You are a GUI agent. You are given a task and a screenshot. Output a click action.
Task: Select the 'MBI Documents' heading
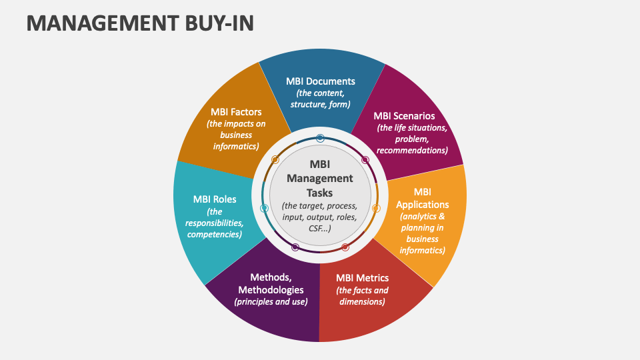click(321, 81)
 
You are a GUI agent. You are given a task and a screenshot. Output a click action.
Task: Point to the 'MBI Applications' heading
click(422, 198)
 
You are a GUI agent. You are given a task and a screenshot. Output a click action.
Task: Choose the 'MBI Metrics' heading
click(362, 278)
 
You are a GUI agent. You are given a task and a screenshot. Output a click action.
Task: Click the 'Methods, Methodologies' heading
click(271, 283)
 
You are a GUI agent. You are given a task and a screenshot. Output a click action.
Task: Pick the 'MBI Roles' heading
click(215, 199)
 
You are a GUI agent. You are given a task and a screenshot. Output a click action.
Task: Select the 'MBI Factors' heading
click(236, 111)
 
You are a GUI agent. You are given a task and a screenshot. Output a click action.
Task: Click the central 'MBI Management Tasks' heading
click(320, 178)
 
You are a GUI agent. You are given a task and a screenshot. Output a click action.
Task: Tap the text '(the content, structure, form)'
click(321, 99)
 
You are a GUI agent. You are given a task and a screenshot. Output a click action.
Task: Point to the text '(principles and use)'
click(271, 302)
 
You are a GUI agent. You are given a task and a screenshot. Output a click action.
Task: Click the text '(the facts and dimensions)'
click(362, 296)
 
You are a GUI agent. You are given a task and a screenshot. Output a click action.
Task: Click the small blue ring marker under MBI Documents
click(321, 138)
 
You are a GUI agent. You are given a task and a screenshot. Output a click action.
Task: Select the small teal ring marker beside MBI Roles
click(264, 209)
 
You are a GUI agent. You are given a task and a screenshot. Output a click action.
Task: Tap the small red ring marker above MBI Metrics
click(345, 248)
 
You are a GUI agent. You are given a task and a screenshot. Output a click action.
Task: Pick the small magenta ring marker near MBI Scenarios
click(365, 160)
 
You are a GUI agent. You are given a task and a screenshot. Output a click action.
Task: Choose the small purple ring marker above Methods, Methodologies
click(295, 247)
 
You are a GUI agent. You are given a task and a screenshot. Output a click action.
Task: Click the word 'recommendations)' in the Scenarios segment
click(412, 151)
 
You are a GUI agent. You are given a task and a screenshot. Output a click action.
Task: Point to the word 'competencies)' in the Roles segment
click(215, 235)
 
